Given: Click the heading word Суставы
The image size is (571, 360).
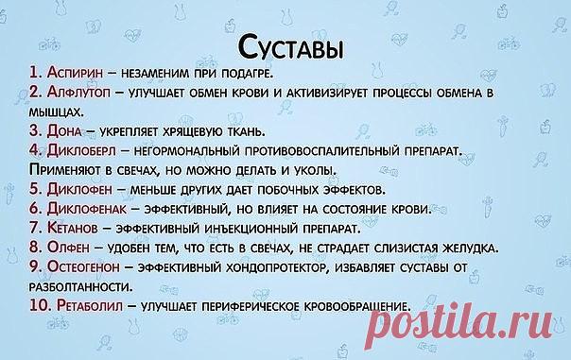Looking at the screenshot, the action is [x=290, y=47].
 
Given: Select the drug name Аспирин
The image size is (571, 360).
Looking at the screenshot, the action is [x=75, y=73].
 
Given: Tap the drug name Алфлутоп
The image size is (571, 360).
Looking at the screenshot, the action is [x=78, y=92].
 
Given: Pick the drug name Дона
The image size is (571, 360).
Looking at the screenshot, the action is [x=64, y=131].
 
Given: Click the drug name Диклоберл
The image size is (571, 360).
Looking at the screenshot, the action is [x=81, y=150].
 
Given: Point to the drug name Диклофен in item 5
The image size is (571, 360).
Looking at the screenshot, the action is [x=79, y=189].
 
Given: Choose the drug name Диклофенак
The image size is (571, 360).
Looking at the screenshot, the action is [x=87, y=209].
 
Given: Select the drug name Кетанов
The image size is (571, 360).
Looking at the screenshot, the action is [x=73, y=228].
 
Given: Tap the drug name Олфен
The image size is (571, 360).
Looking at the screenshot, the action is [x=68, y=248].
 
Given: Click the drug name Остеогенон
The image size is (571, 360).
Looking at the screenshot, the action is [x=83, y=267].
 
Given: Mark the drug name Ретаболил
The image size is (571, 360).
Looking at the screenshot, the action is [x=90, y=306].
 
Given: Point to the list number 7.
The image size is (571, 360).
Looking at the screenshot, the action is [x=35, y=228].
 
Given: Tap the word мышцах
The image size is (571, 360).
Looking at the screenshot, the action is [x=57, y=112].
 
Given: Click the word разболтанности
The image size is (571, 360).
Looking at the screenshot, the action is [x=81, y=287].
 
